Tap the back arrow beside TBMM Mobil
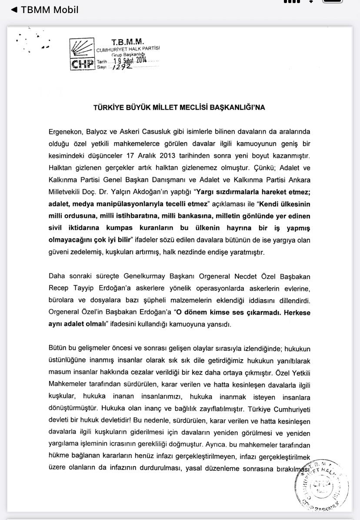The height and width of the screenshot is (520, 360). (x=14, y=10)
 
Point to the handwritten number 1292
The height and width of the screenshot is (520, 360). (x=122, y=67)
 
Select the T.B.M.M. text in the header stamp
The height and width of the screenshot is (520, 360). (x=127, y=42)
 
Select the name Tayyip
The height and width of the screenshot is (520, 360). (x=84, y=288)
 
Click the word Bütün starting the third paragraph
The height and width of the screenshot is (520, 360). (x=58, y=349)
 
